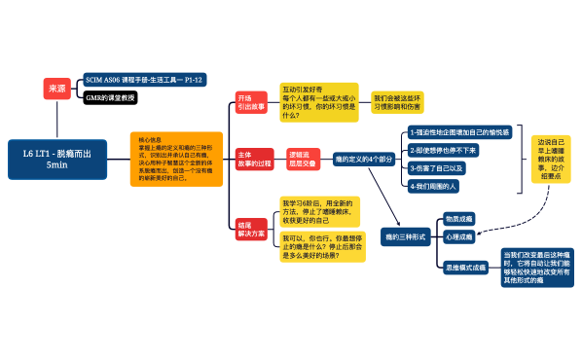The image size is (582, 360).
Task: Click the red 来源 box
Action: tap(56, 89)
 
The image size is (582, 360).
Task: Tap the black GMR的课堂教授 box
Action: tap(111, 98)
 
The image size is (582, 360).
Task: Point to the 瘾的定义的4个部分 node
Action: tap(364, 159)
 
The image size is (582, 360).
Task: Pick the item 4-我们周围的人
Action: tap(435, 185)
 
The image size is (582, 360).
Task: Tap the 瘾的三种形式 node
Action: tap(406, 236)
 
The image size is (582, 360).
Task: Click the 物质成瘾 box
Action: tap(459, 220)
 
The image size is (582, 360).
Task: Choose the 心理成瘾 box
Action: tap(459, 236)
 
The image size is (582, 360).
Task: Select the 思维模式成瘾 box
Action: tap(465, 266)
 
